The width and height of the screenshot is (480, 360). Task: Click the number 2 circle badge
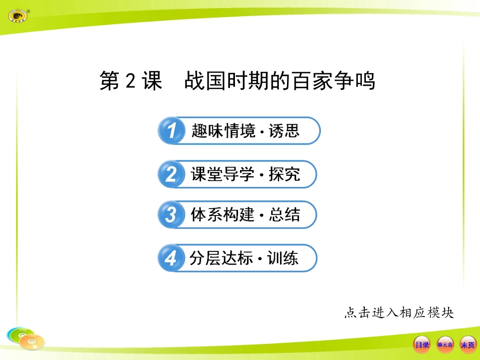pos(171,175)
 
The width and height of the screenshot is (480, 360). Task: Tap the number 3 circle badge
pos(171,215)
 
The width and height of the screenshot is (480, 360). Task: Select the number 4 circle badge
pos(171,259)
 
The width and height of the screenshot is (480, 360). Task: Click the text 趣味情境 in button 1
pos(224,131)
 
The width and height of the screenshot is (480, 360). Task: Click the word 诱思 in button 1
pos(284,131)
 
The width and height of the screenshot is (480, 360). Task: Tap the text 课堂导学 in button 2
pos(223,174)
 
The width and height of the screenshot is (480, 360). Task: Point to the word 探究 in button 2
pos(284,174)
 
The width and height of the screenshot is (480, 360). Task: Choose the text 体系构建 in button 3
pos(223,215)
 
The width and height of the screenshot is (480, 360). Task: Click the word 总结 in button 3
pos(284,215)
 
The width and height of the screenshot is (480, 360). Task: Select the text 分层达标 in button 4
pos(221,258)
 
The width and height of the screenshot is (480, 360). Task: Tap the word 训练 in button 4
pos(283,258)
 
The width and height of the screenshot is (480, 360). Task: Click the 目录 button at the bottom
pos(422,345)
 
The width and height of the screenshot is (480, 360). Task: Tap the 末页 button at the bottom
pos(468,345)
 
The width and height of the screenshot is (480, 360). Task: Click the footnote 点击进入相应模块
pos(399,313)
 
